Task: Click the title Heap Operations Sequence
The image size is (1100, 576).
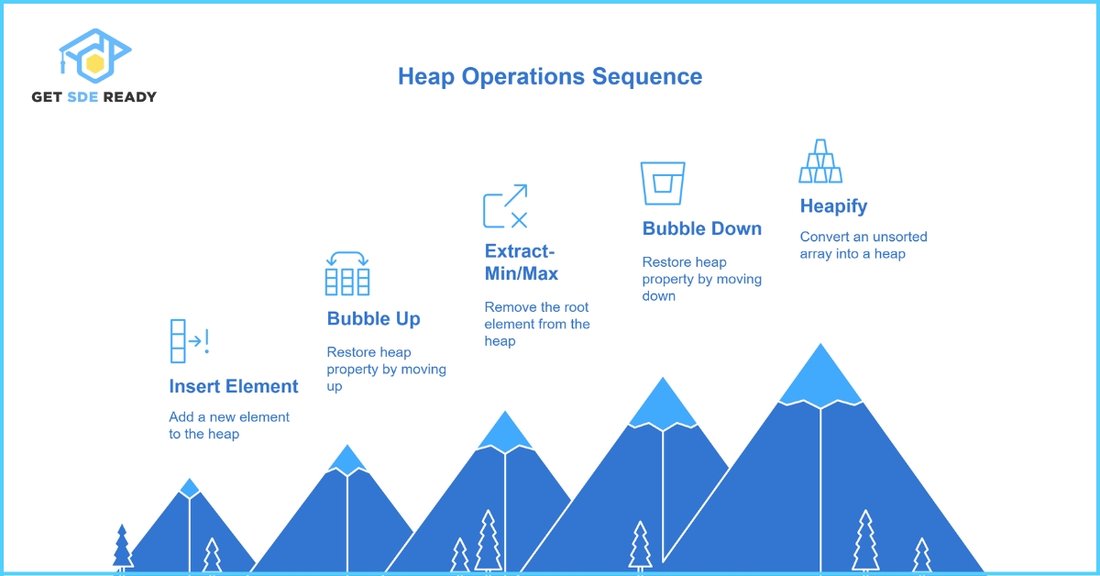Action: [x=550, y=76]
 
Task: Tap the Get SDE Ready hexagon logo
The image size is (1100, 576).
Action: [x=93, y=57]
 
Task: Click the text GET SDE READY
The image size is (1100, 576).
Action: [x=93, y=96]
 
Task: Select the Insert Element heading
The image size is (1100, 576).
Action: [x=234, y=386]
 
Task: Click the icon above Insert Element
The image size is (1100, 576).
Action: [x=189, y=341]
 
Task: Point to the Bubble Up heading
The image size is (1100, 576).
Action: [x=373, y=318]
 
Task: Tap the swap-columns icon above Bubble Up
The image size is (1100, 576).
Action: [x=347, y=273]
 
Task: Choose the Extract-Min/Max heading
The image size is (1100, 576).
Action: [x=521, y=261]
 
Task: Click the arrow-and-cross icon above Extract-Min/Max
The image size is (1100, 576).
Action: [x=505, y=205]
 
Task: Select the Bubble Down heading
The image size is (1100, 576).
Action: [x=701, y=228]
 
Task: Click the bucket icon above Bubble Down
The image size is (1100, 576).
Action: [x=663, y=183]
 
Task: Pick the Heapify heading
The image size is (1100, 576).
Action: [x=833, y=205]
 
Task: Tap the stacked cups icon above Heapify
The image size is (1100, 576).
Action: [x=820, y=161]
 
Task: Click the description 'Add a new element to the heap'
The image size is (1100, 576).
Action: [x=229, y=425]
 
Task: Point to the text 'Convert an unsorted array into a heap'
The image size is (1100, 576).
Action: [x=863, y=245]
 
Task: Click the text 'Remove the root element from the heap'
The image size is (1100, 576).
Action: [x=537, y=324]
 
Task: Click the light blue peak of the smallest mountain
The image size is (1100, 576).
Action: [x=189, y=488]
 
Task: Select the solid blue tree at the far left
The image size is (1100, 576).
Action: [x=122, y=548]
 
